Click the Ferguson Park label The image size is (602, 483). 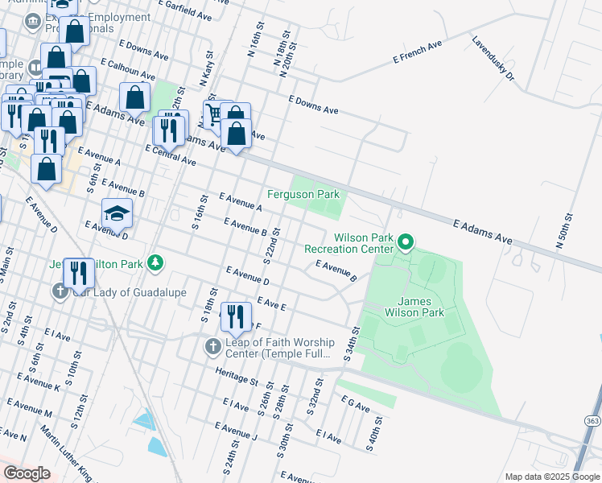[303, 195]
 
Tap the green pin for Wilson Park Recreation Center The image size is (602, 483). [406, 242]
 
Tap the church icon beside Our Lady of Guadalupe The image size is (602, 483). [61, 291]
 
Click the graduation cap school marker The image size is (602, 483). [117, 214]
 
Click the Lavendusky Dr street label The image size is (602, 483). [492, 59]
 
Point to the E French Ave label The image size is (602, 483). [418, 52]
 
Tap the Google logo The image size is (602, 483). [27, 473]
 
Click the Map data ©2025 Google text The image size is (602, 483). [551, 477]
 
